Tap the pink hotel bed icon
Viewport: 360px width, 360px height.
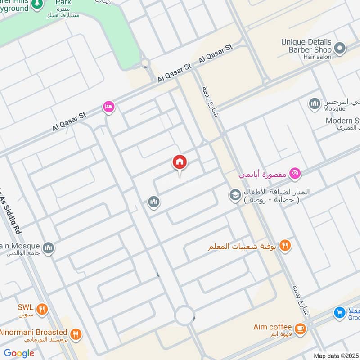tap(109, 107)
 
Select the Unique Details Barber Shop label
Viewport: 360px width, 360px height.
tap(306, 46)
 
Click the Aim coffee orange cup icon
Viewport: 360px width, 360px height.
tap(300, 328)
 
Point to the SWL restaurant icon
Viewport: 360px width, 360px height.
tap(42, 309)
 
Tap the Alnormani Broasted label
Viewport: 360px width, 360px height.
tap(34, 333)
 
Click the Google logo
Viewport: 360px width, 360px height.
tap(19, 353)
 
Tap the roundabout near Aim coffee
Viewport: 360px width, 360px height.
tap(185, 315)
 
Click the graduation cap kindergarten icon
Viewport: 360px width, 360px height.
tap(234, 195)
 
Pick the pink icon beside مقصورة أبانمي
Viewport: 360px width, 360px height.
tap(295, 172)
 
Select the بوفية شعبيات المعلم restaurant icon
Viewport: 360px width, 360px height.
tap(285, 246)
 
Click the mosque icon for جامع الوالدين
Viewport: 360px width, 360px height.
tap(48, 247)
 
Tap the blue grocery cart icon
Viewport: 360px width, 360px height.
tap(340, 312)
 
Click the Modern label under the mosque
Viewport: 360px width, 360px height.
tap(342, 121)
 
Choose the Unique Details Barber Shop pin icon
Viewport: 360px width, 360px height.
tap(340, 48)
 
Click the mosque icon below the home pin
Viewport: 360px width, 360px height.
tap(154, 202)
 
